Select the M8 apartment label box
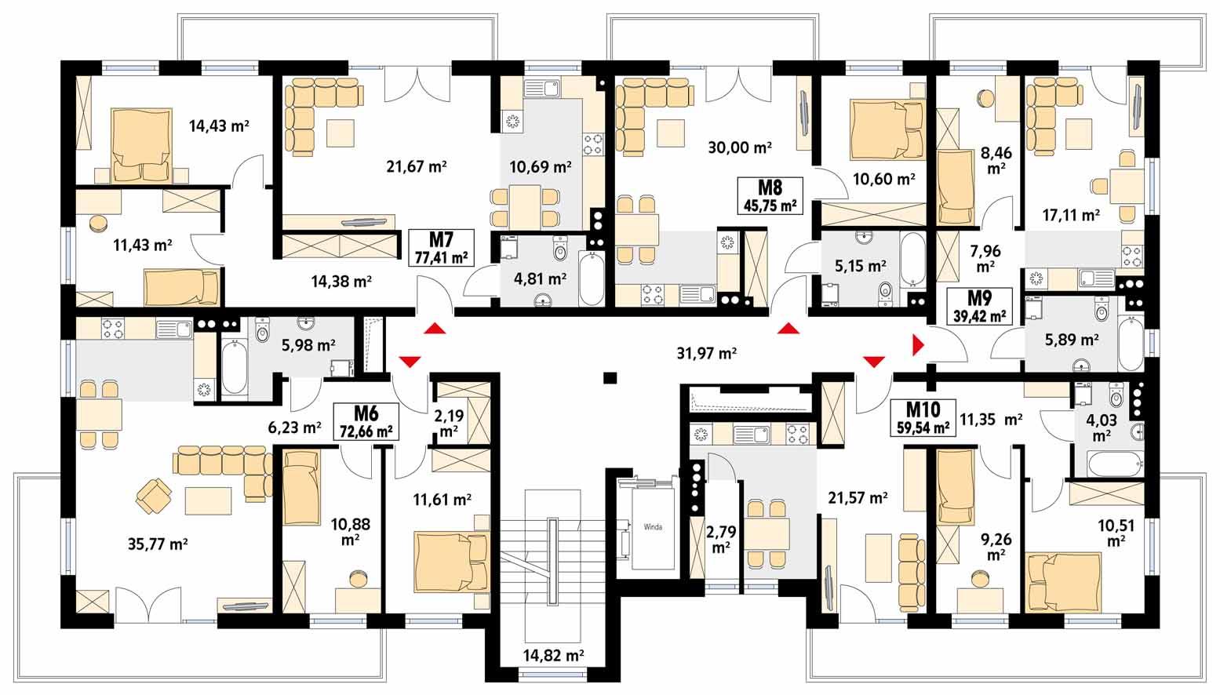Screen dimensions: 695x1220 [x=770, y=195]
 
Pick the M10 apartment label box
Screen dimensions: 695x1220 [x=923, y=417]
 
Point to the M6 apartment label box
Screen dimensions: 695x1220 [x=366, y=421]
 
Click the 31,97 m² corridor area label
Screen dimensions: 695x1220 [x=706, y=353]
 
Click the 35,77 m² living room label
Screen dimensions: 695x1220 [x=157, y=543]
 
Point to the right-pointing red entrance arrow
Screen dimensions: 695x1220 [x=918, y=344]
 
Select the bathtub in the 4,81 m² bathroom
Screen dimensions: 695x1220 [x=591, y=278]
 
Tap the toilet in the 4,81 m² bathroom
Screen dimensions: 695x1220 [x=560, y=249]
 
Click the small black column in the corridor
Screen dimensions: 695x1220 [x=608, y=378]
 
